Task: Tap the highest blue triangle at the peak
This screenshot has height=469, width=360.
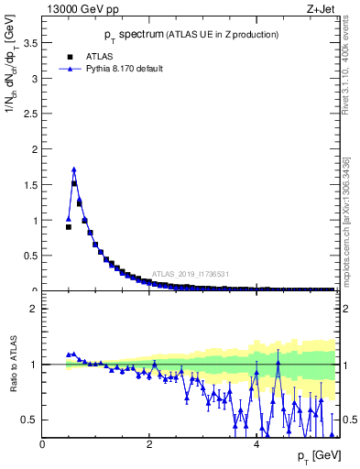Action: tap(74, 169)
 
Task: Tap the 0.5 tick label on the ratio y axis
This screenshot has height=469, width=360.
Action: tap(30, 420)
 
